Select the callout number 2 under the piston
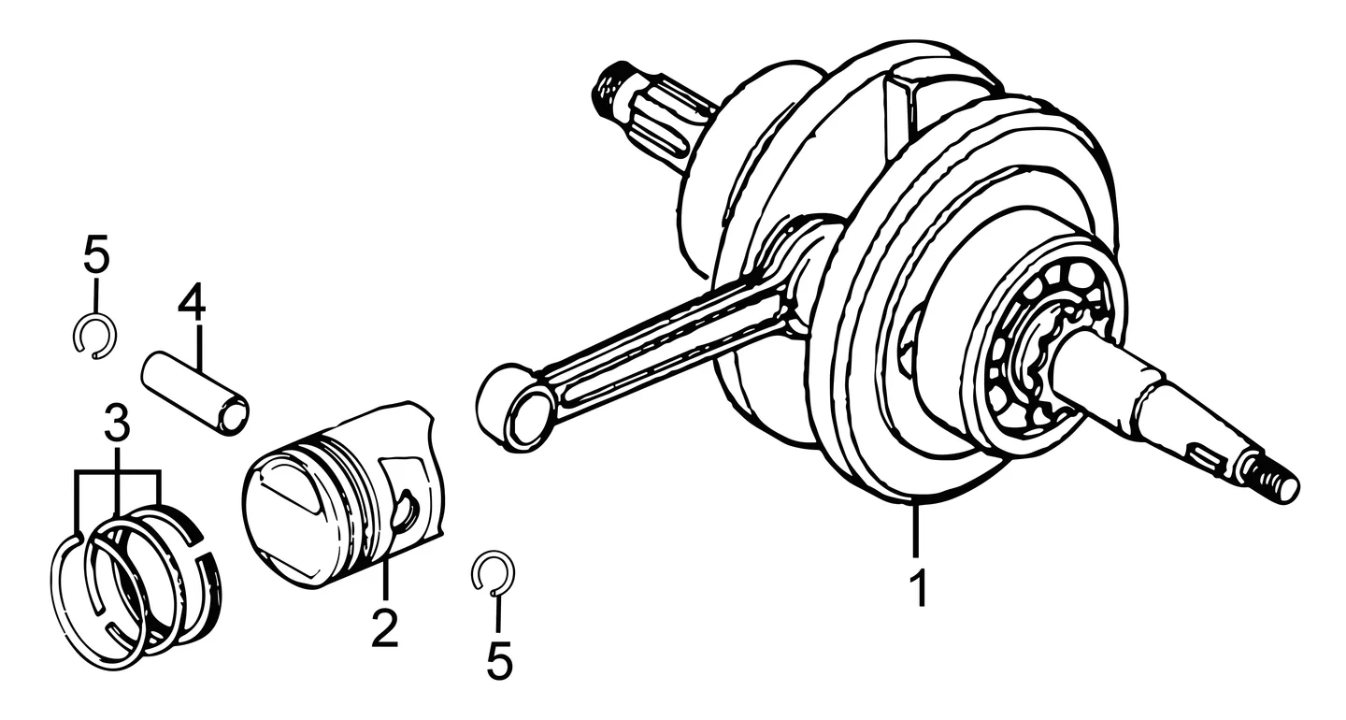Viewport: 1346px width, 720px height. [384, 627]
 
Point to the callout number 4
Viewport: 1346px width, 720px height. [192, 304]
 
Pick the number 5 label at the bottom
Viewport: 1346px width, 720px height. [499, 660]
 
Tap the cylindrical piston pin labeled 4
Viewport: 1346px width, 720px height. [195, 394]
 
